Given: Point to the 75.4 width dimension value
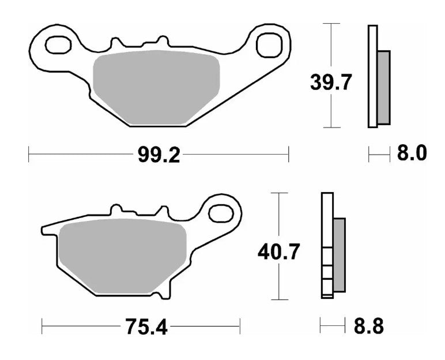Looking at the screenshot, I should click(x=145, y=328).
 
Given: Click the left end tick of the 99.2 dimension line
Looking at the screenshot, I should click(x=29, y=155).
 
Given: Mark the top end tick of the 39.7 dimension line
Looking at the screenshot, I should click(x=330, y=24).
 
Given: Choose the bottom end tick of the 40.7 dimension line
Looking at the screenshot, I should click(x=279, y=299).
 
